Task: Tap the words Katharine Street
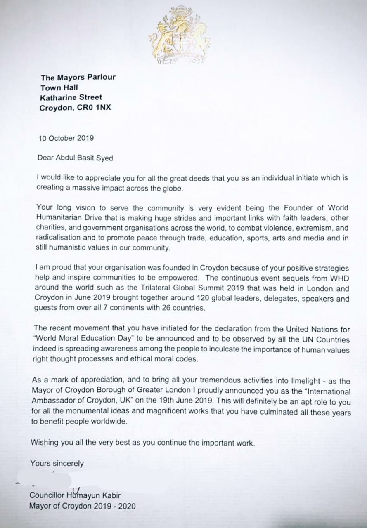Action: coord(71,98)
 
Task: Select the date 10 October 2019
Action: coord(66,138)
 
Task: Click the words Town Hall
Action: coord(59,87)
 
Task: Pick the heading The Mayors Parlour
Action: coord(78,77)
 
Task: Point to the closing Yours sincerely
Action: coord(57,464)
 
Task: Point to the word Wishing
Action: coord(45,443)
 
